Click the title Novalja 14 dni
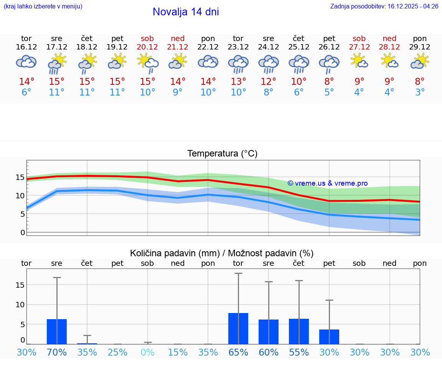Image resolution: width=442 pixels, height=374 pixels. pos(186,12)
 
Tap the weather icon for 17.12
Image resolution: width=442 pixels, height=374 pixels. pos(57,63)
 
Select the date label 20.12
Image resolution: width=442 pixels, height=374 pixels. pos(147,47)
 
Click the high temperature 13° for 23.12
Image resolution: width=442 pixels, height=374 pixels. pos(238,82)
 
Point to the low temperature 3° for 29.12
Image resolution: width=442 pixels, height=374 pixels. pos(420,92)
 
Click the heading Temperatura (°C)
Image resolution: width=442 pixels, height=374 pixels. pos(222,154)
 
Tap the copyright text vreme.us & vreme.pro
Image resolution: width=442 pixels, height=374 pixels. pos(328,183)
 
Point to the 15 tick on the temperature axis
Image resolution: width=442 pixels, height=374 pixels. pos(20,177)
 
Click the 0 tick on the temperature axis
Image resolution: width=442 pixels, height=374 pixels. pos(22,232)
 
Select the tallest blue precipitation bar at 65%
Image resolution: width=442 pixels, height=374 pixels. pos(238,328)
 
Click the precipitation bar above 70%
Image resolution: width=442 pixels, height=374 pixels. pos(57,331)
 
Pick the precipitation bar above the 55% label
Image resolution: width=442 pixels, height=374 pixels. pos(299,331)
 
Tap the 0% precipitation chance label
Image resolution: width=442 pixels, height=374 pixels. pos(147,353)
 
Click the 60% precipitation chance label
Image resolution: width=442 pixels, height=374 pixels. pos(269,353)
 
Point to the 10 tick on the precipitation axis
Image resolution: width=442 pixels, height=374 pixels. pos(20,305)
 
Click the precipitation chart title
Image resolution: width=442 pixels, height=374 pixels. pos(222,253)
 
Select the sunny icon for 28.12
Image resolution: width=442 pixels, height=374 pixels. pos(389,61)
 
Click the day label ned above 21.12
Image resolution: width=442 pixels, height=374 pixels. pos(178,38)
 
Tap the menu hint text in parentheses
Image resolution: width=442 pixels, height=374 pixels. pos(43,7)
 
